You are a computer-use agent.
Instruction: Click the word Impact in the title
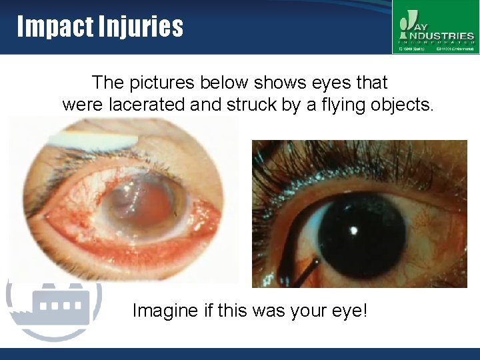53,27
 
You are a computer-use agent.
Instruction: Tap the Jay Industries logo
435,27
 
